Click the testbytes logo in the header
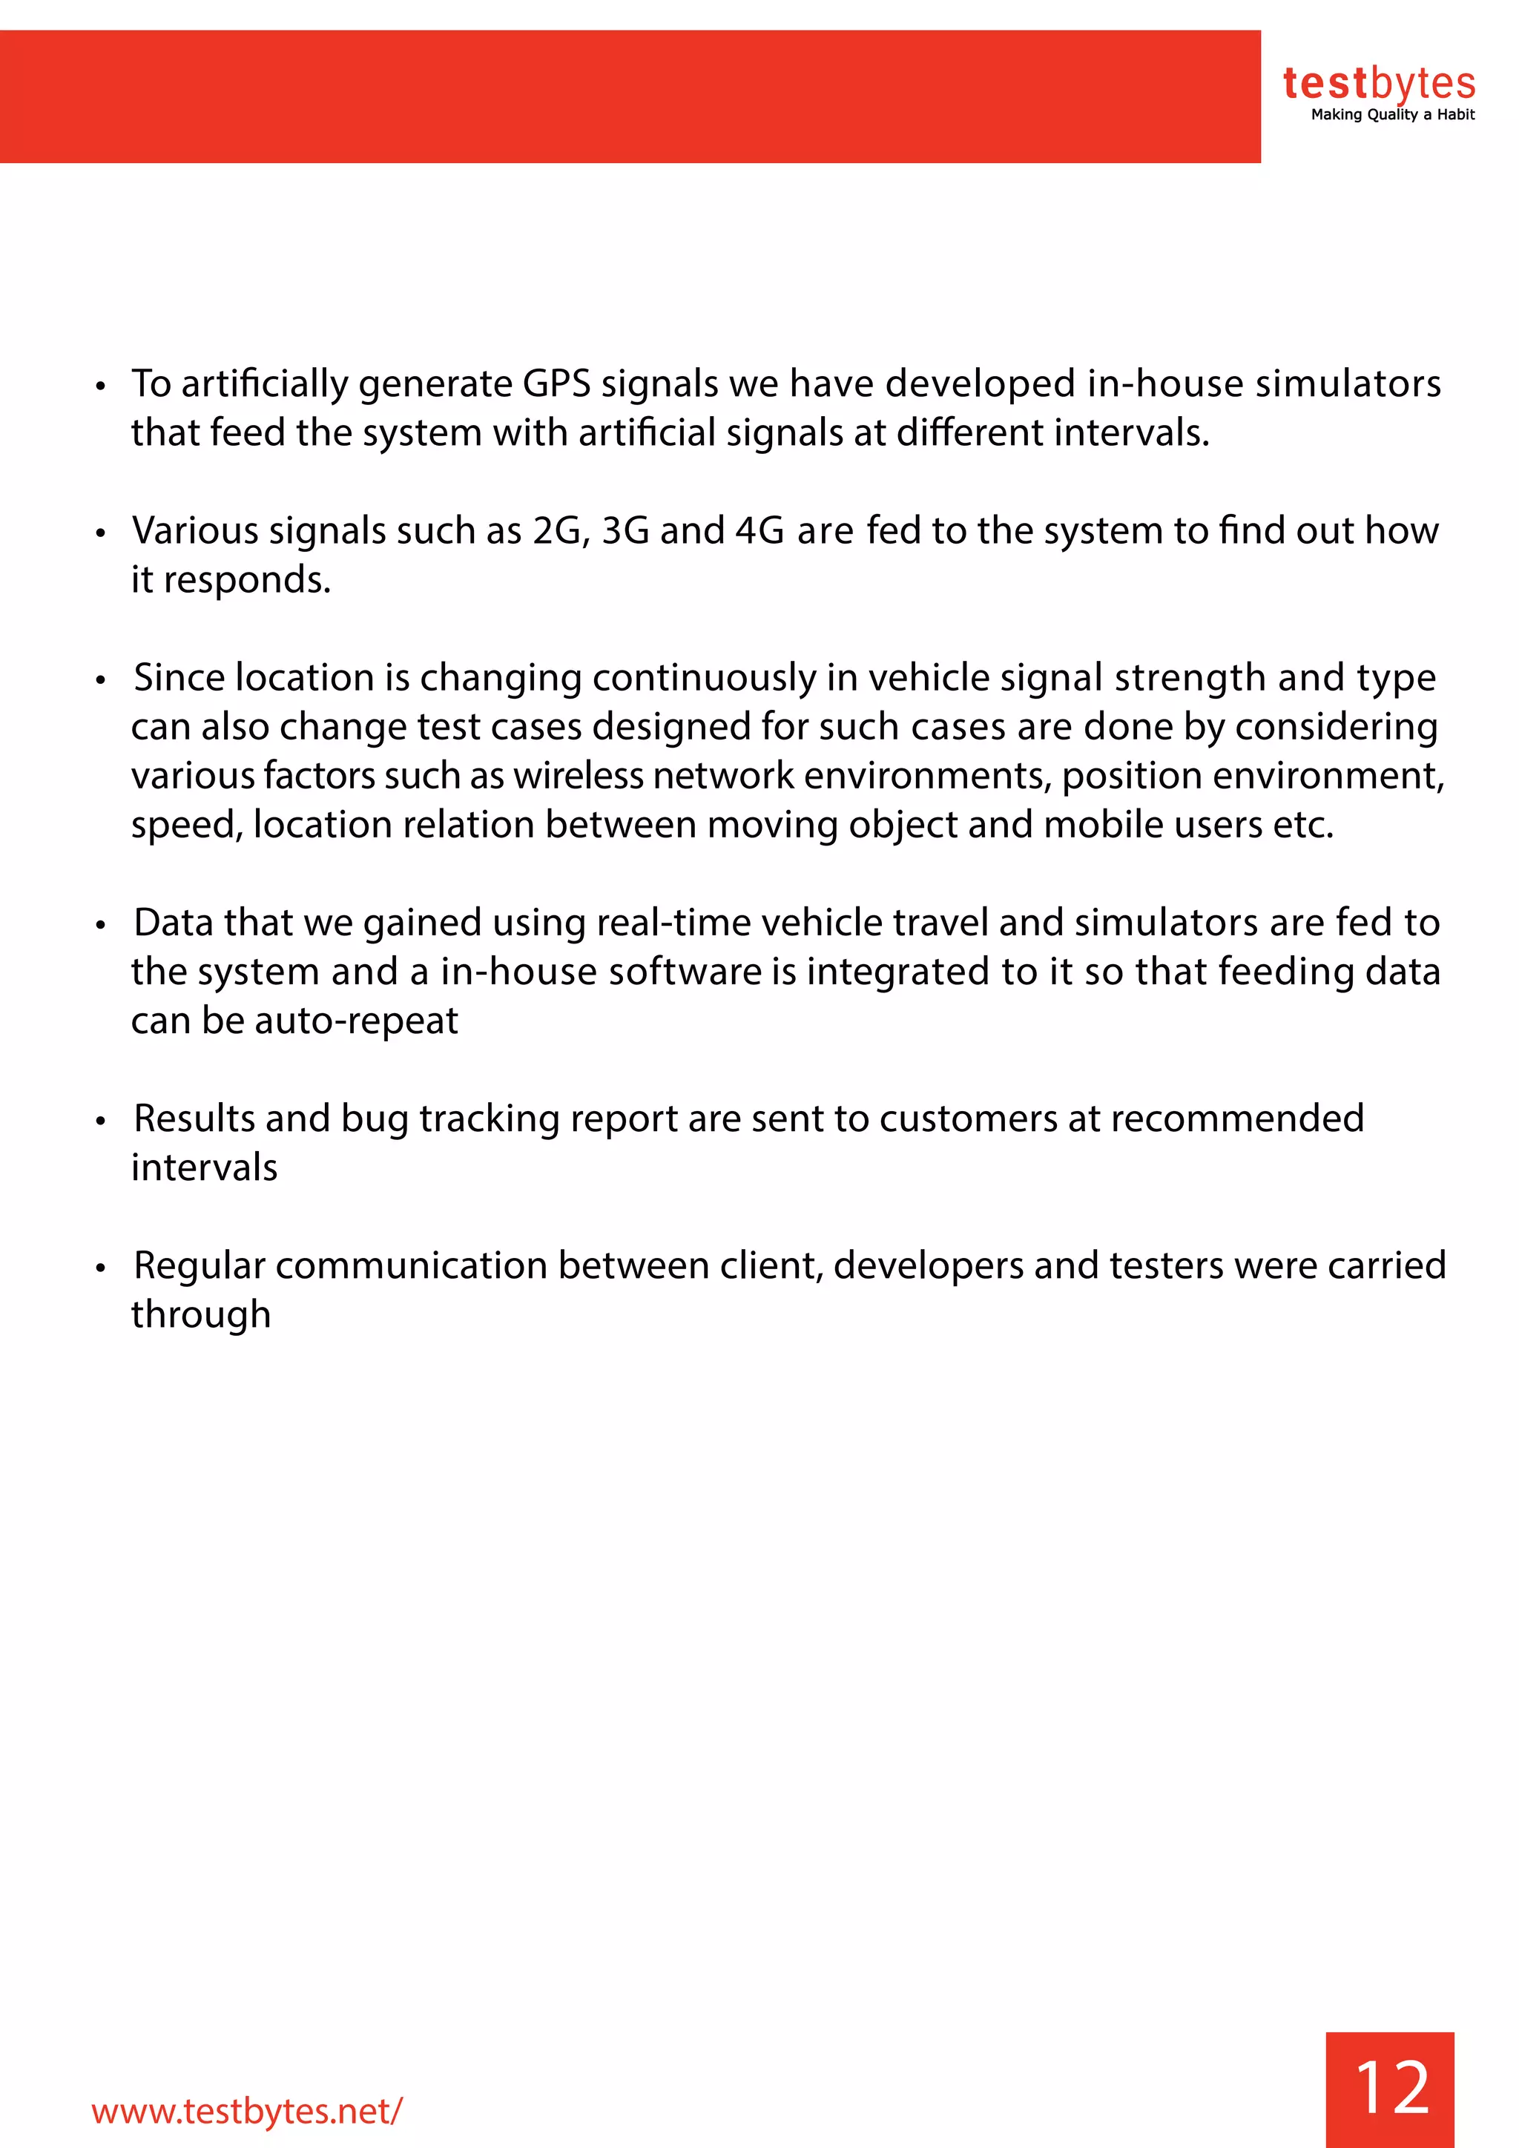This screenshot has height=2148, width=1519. (1378, 85)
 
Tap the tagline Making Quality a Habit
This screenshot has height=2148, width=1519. (1391, 115)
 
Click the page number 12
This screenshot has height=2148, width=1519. (1391, 2087)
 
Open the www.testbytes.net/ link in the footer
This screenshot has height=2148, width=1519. (247, 2111)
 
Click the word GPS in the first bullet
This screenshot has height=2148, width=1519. (556, 384)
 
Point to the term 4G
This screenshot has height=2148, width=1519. (759, 531)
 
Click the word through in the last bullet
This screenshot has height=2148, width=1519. (200, 1315)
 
